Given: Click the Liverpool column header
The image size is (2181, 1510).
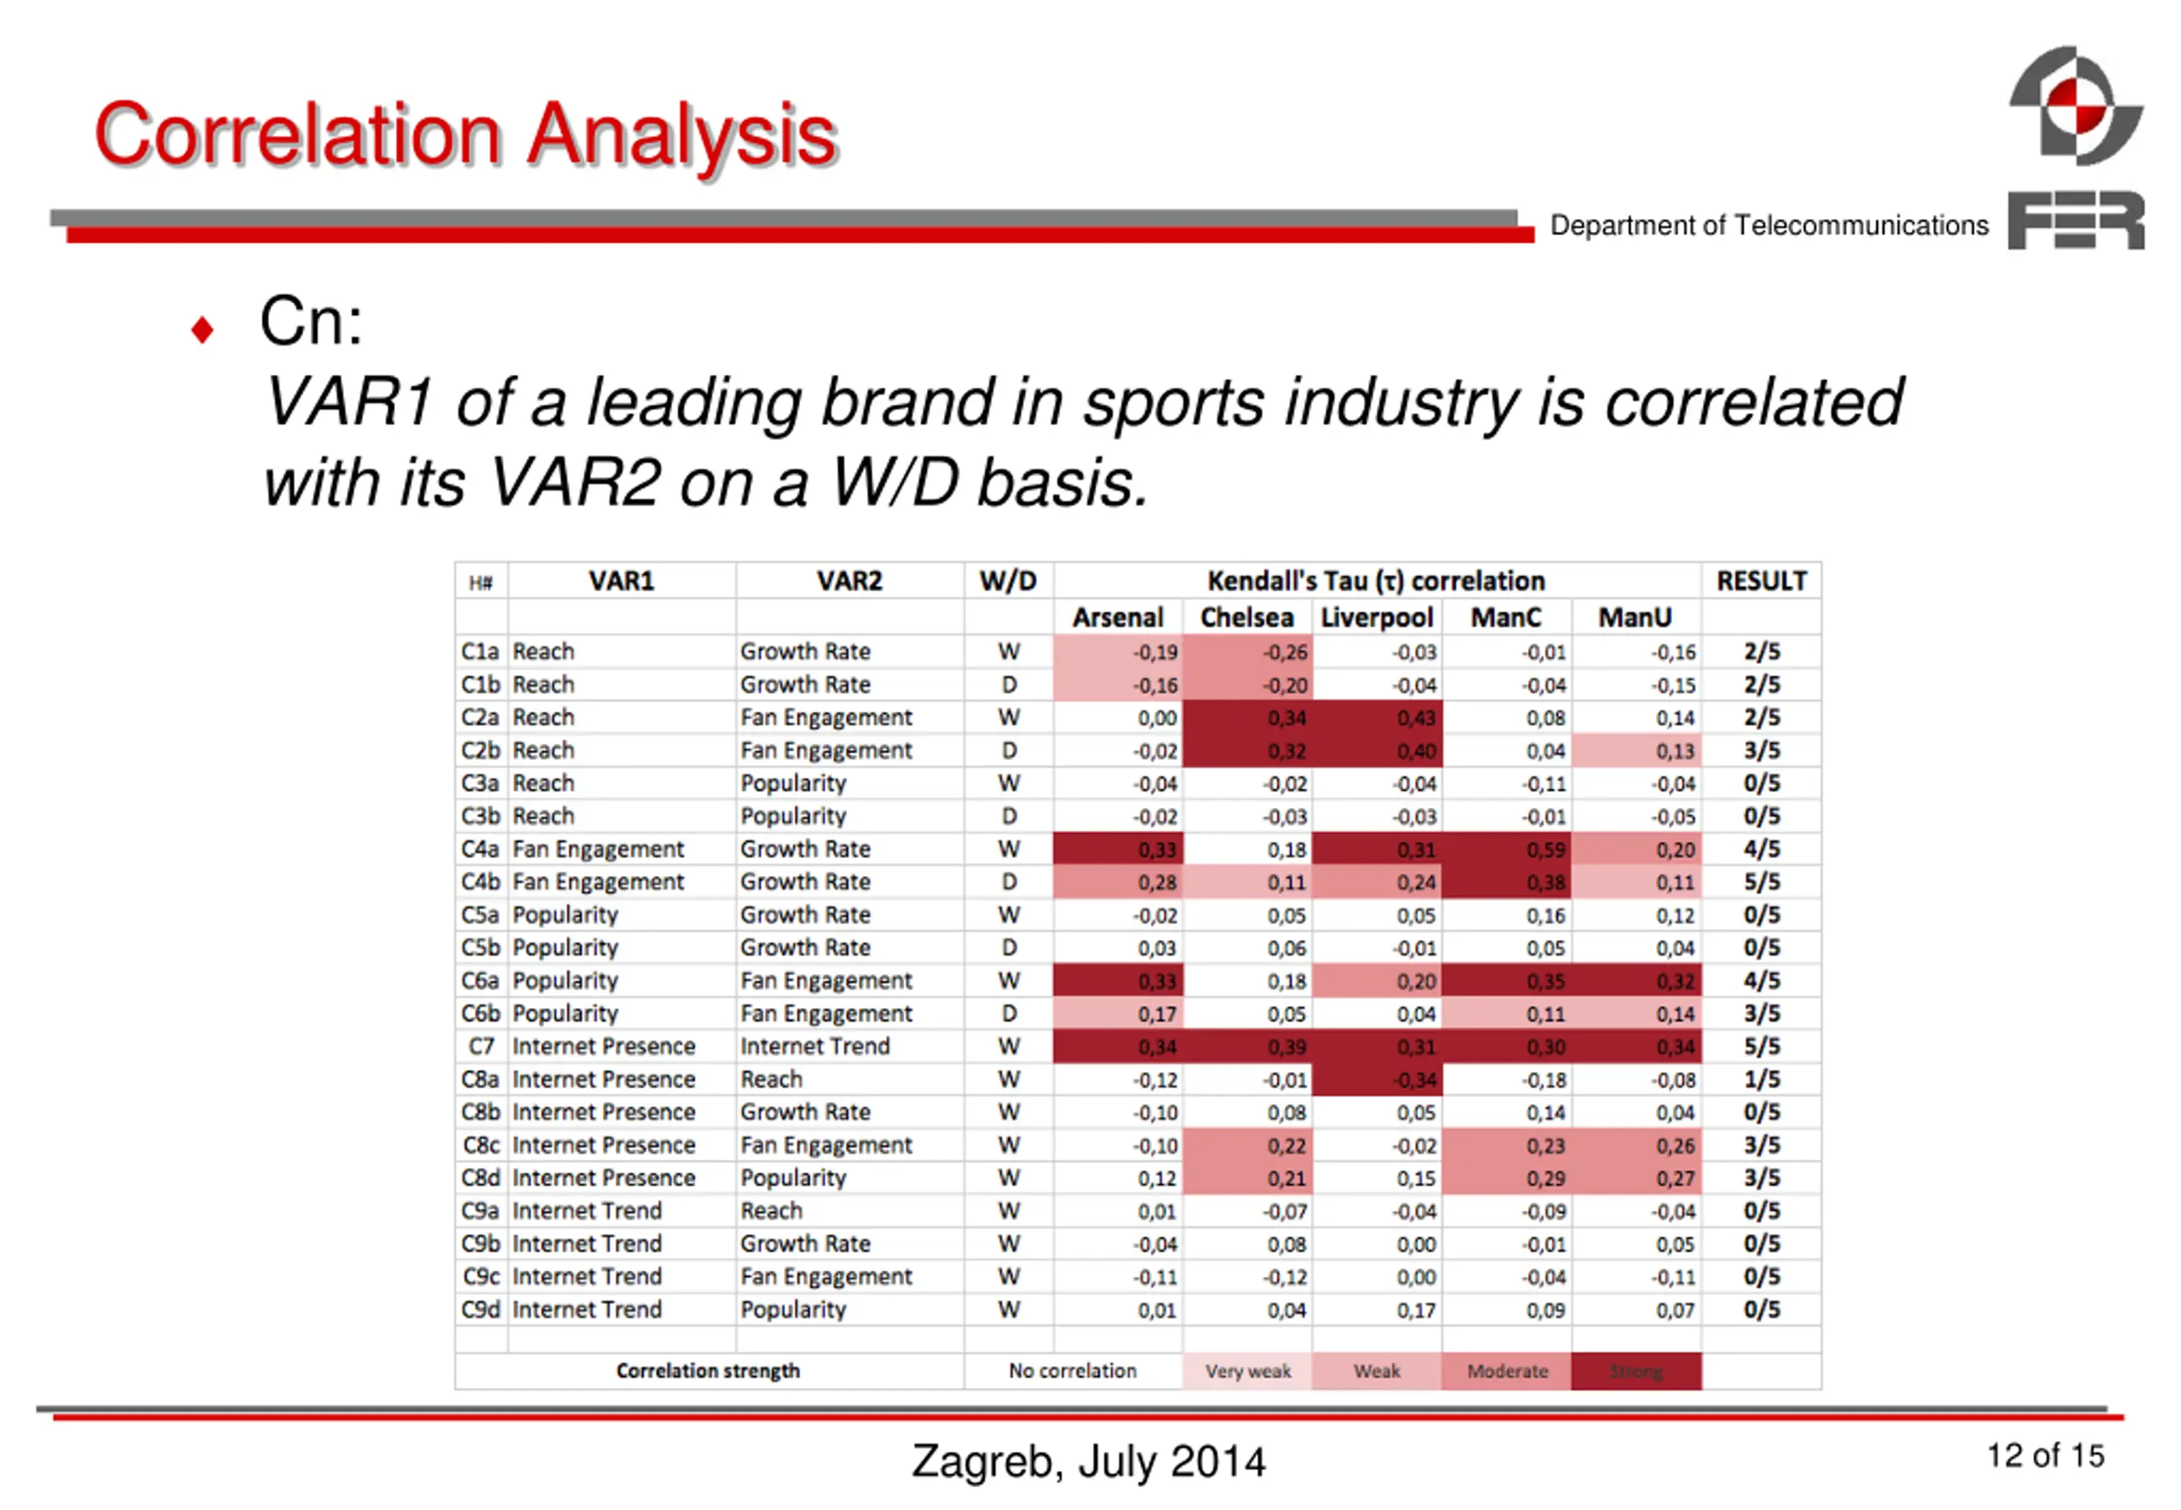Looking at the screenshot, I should [1376, 618].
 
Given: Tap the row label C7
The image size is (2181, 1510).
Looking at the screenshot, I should [481, 1046].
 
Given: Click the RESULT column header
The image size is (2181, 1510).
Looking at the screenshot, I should [1761, 581].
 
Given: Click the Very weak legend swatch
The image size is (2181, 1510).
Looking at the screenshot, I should [1246, 1371].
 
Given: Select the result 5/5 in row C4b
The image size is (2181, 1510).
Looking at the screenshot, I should [1761, 882].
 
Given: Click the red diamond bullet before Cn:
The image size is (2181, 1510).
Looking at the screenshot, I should [201, 330].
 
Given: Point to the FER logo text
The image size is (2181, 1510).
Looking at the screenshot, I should [2075, 221].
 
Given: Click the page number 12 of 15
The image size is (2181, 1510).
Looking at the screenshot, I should [2045, 1455].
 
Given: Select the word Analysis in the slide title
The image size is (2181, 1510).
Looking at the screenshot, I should [681, 135].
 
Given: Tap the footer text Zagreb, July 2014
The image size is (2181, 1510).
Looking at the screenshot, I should [1088, 1461].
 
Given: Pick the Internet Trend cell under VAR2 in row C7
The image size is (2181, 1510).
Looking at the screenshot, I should [814, 1046].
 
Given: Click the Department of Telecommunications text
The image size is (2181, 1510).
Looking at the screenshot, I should [1769, 225].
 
